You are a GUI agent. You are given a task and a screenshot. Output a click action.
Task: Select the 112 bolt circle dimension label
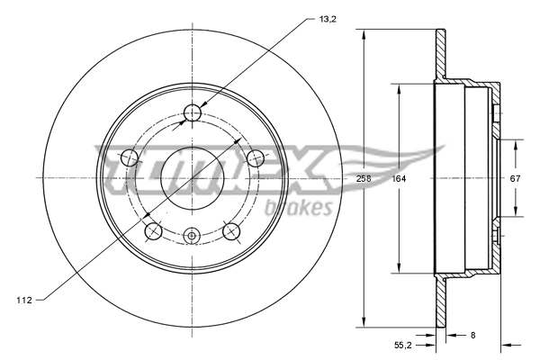[24, 300]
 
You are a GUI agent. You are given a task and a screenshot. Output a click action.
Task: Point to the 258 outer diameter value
[364, 178]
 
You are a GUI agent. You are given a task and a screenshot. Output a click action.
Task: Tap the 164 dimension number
[397, 178]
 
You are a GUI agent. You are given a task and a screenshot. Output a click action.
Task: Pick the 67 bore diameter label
[515, 178]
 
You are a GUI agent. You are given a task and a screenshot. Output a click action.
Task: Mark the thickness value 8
[473, 335]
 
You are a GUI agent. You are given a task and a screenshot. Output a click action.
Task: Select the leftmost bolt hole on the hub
[129, 158]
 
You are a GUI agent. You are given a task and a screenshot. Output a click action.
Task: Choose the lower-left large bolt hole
[153, 232]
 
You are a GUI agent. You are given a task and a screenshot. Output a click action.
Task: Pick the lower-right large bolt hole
[230, 232]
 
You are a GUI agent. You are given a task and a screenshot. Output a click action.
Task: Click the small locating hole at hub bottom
[191, 237]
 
